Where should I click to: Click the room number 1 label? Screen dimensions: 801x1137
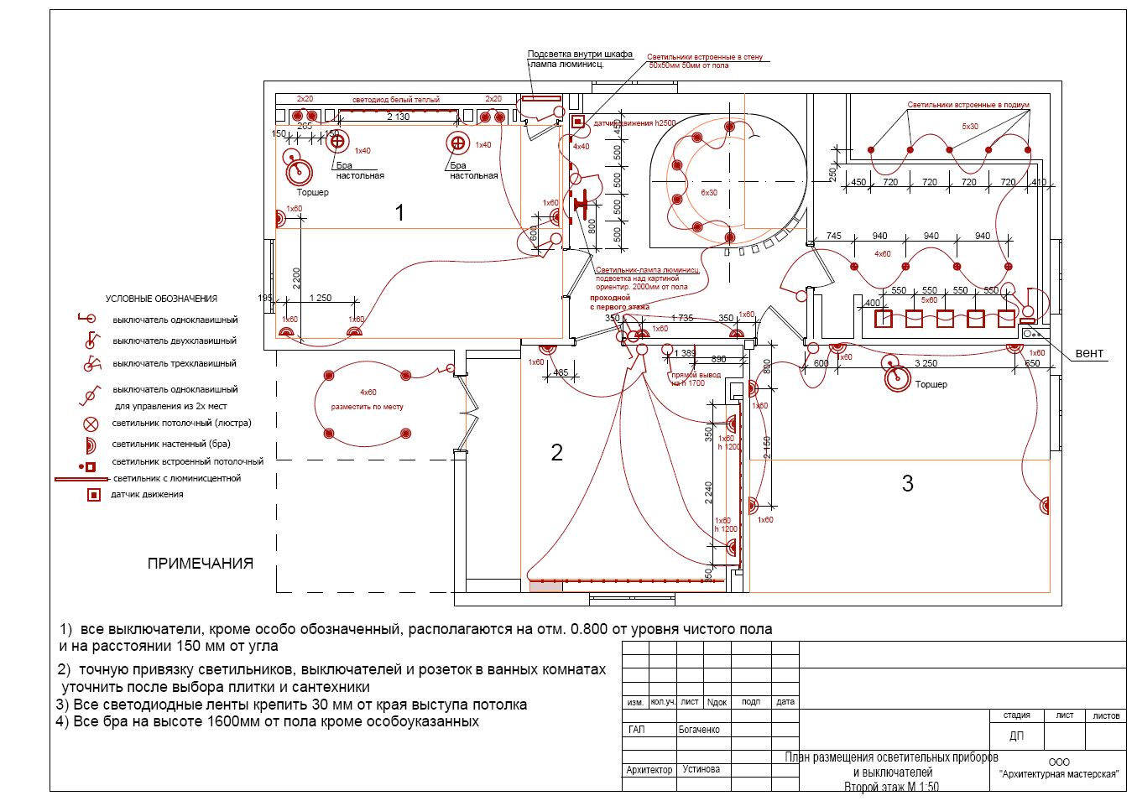pyautogui.click(x=399, y=212)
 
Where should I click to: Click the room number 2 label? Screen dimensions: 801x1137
pyautogui.click(x=556, y=453)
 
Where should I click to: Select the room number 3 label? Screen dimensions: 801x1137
pyautogui.click(x=907, y=483)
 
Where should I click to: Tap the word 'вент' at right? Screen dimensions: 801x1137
pyautogui.click(x=1089, y=353)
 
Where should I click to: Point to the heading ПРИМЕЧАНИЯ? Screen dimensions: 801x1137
pyautogui.click(x=201, y=564)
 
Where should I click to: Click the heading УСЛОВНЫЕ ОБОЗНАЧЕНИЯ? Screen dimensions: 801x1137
pyautogui.click(x=161, y=299)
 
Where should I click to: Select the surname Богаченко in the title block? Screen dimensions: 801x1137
pyautogui.click(x=699, y=730)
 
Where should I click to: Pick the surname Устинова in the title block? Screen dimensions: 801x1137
pyautogui.click(x=701, y=769)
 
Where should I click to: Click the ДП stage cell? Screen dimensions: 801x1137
pyautogui.click(x=1016, y=736)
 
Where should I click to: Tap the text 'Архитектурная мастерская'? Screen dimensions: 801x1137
pyautogui.click(x=1060, y=774)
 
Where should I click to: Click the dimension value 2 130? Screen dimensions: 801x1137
pyautogui.click(x=398, y=117)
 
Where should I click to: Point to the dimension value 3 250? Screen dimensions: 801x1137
pyautogui.click(x=926, y=363)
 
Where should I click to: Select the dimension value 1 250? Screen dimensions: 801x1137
pyautogui.click(x=320, y=298)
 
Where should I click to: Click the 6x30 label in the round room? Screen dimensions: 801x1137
pyautogui.click(x=709, y=193)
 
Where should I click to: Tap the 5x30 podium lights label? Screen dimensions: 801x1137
pyautogui.click(x=970, y=127)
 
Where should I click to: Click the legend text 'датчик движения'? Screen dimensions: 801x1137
pyautogui.click(x=147, y=495)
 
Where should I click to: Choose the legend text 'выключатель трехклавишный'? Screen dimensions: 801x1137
pyautogui.click(x=175, y=364)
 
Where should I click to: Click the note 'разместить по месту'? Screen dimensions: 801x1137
pyautogui.click(x=367, y=407)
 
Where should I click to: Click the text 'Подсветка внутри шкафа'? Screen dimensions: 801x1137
pyautogui.click(x=580, y=55)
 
